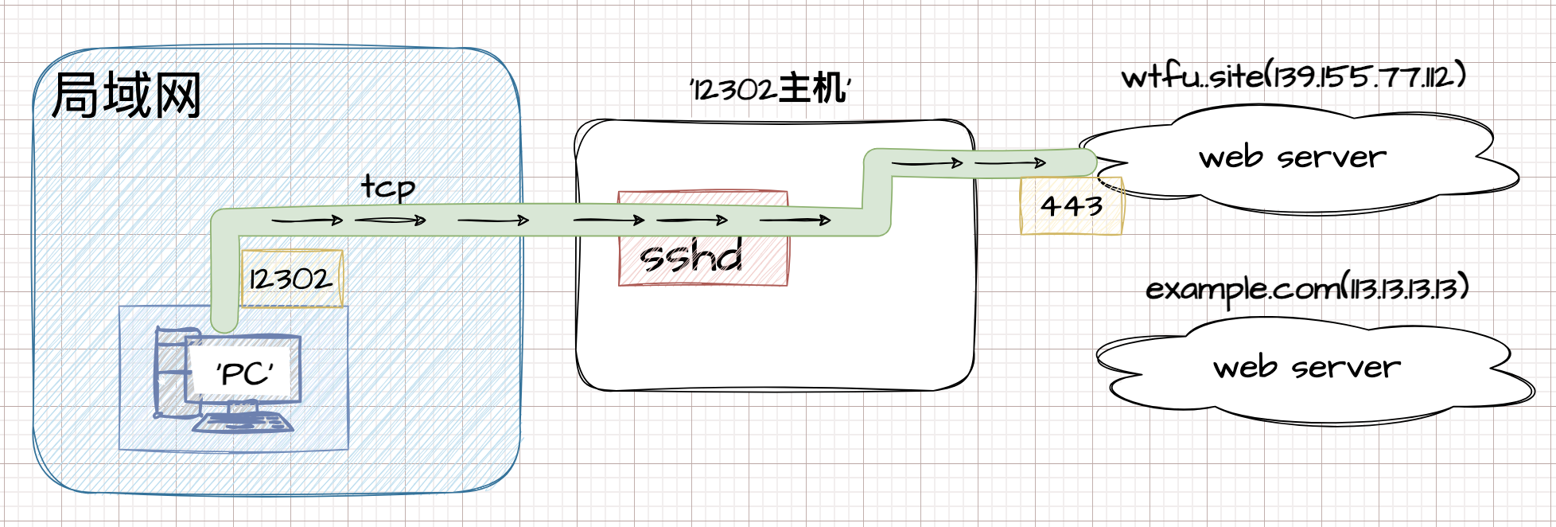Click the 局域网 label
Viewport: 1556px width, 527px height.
[x=126, y=96]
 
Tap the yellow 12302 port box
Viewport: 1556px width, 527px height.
[x=292, y=279]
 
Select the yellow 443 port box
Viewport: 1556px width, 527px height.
[x=1072, y=206]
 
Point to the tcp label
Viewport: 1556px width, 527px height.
[x=388, y=187]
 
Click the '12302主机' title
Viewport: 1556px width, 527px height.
[x=770, y=88]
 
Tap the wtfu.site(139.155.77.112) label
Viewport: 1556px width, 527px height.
[x=1293, y=76]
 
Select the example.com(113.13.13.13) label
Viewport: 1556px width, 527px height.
[x=1306, y=288]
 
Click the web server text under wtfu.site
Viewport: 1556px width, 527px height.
[x=1292, y=157]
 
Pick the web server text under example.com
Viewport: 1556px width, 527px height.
[x=1306, y=367]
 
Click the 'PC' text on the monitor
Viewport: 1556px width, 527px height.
[x=245, y=373]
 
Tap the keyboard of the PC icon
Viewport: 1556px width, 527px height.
[x=243, y=422]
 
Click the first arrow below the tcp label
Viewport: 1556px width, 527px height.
[x=307, y=221]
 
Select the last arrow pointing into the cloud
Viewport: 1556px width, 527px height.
[x=1010, y=163]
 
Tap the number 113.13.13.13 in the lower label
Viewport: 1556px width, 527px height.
[x=1403, y=287]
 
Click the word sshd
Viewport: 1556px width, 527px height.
[x=690, y=257]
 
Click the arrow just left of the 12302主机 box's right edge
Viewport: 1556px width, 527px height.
[x=928, y=163]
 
